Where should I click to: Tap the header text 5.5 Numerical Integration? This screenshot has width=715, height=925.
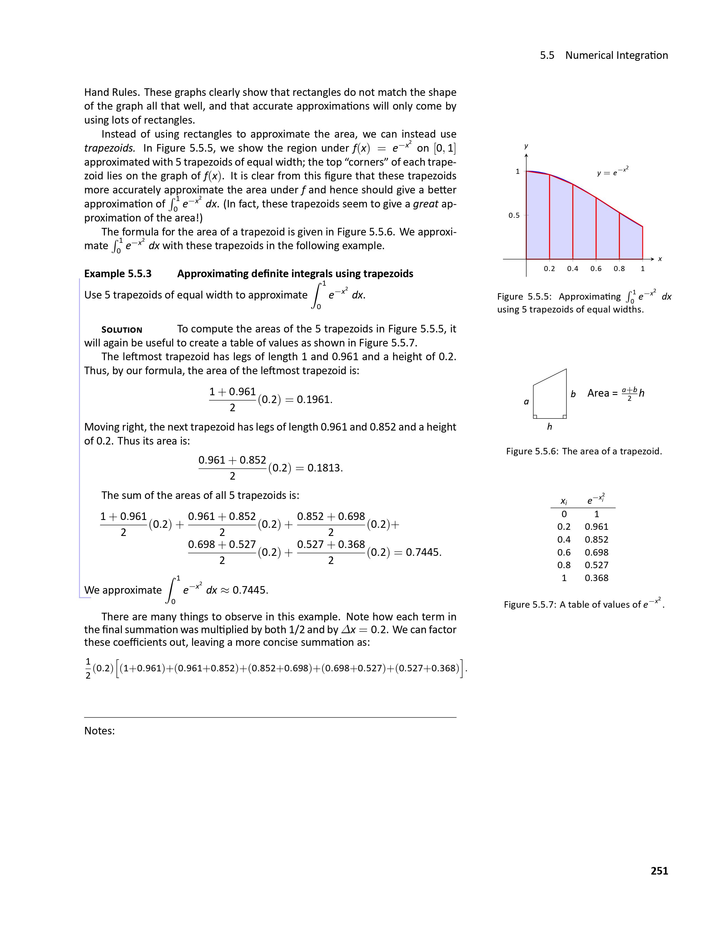coord(604,55)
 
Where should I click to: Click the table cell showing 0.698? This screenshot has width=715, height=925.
coord(596,552)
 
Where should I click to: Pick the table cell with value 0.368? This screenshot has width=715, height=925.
coord(596,578)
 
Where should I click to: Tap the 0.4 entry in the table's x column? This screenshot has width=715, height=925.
coord(564,540)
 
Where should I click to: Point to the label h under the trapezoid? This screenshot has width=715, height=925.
coord(549,427)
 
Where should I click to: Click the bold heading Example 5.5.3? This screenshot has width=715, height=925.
coord(118,274)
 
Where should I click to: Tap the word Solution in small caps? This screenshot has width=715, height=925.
coord(122,330)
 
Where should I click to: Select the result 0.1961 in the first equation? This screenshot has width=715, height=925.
coord(314,399)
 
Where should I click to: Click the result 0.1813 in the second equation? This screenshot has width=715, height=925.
coord(324,468)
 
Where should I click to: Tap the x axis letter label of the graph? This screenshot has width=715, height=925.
coord(660,259)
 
